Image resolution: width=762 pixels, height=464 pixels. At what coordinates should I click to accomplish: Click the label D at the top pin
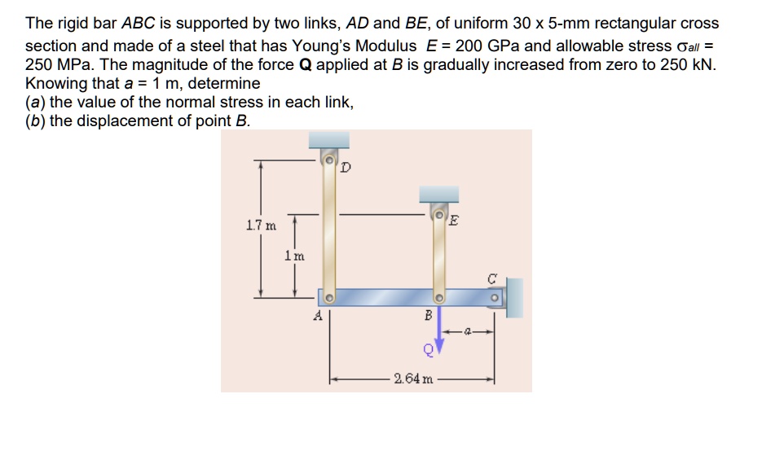(346, 169)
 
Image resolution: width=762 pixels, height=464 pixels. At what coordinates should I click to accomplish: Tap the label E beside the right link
(455, 220)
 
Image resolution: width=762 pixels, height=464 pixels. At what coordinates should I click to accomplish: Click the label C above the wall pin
(492, 277)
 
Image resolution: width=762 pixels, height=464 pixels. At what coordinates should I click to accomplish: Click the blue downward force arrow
(439, 330)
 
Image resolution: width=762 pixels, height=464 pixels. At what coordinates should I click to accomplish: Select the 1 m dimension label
(293, 255)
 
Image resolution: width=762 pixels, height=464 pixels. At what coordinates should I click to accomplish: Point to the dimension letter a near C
(468, 331)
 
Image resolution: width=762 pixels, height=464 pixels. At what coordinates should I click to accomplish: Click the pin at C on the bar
(494, 297)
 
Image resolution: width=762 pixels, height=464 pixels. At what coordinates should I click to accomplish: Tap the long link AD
(329, 228)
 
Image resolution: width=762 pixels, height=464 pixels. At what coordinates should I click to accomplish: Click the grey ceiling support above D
(329, 141)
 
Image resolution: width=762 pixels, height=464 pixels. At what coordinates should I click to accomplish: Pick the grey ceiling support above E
(438, 194)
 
